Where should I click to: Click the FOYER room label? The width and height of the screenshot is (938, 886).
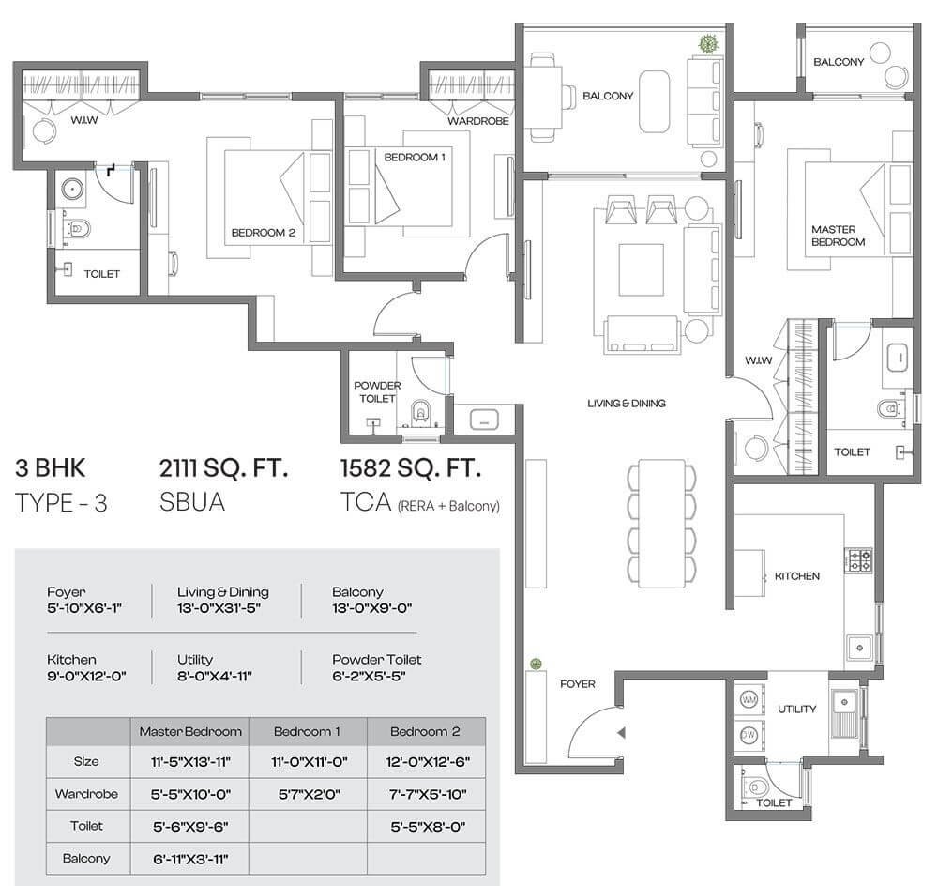click(x=578, y=684)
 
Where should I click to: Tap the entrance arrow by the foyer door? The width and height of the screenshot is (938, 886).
click(x=620, y=733)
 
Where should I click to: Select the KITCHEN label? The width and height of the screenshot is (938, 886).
click(x=797, y=576)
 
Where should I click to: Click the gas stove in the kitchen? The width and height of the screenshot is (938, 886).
click(x=860, y=560)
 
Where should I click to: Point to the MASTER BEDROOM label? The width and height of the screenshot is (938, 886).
click(x=839, y=236)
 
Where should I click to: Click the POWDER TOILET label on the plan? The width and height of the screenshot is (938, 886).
click(x=377, y=391)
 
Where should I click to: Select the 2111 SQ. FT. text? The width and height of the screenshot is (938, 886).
click(x=223, y=467)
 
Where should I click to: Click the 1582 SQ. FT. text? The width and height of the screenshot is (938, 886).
click(x=412, y=467)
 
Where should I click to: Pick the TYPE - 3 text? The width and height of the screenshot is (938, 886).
click(x=62, y=503)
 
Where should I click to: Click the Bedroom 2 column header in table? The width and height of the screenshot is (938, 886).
click(x=425, y=731)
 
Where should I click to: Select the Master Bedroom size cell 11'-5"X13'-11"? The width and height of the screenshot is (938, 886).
click(x=189, y=762)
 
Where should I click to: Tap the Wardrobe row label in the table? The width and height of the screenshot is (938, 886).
click(x=86, y=794)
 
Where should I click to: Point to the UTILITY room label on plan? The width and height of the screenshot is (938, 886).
click(x=796, y=710)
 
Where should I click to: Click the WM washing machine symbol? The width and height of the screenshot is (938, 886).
click(x=749, y=701)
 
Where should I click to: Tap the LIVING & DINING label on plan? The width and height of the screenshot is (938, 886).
click(x=626, y=404)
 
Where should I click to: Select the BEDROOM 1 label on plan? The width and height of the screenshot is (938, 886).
click(x=414, y=157)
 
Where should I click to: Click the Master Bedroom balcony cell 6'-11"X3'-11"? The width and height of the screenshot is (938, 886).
click(x=189, y=859)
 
